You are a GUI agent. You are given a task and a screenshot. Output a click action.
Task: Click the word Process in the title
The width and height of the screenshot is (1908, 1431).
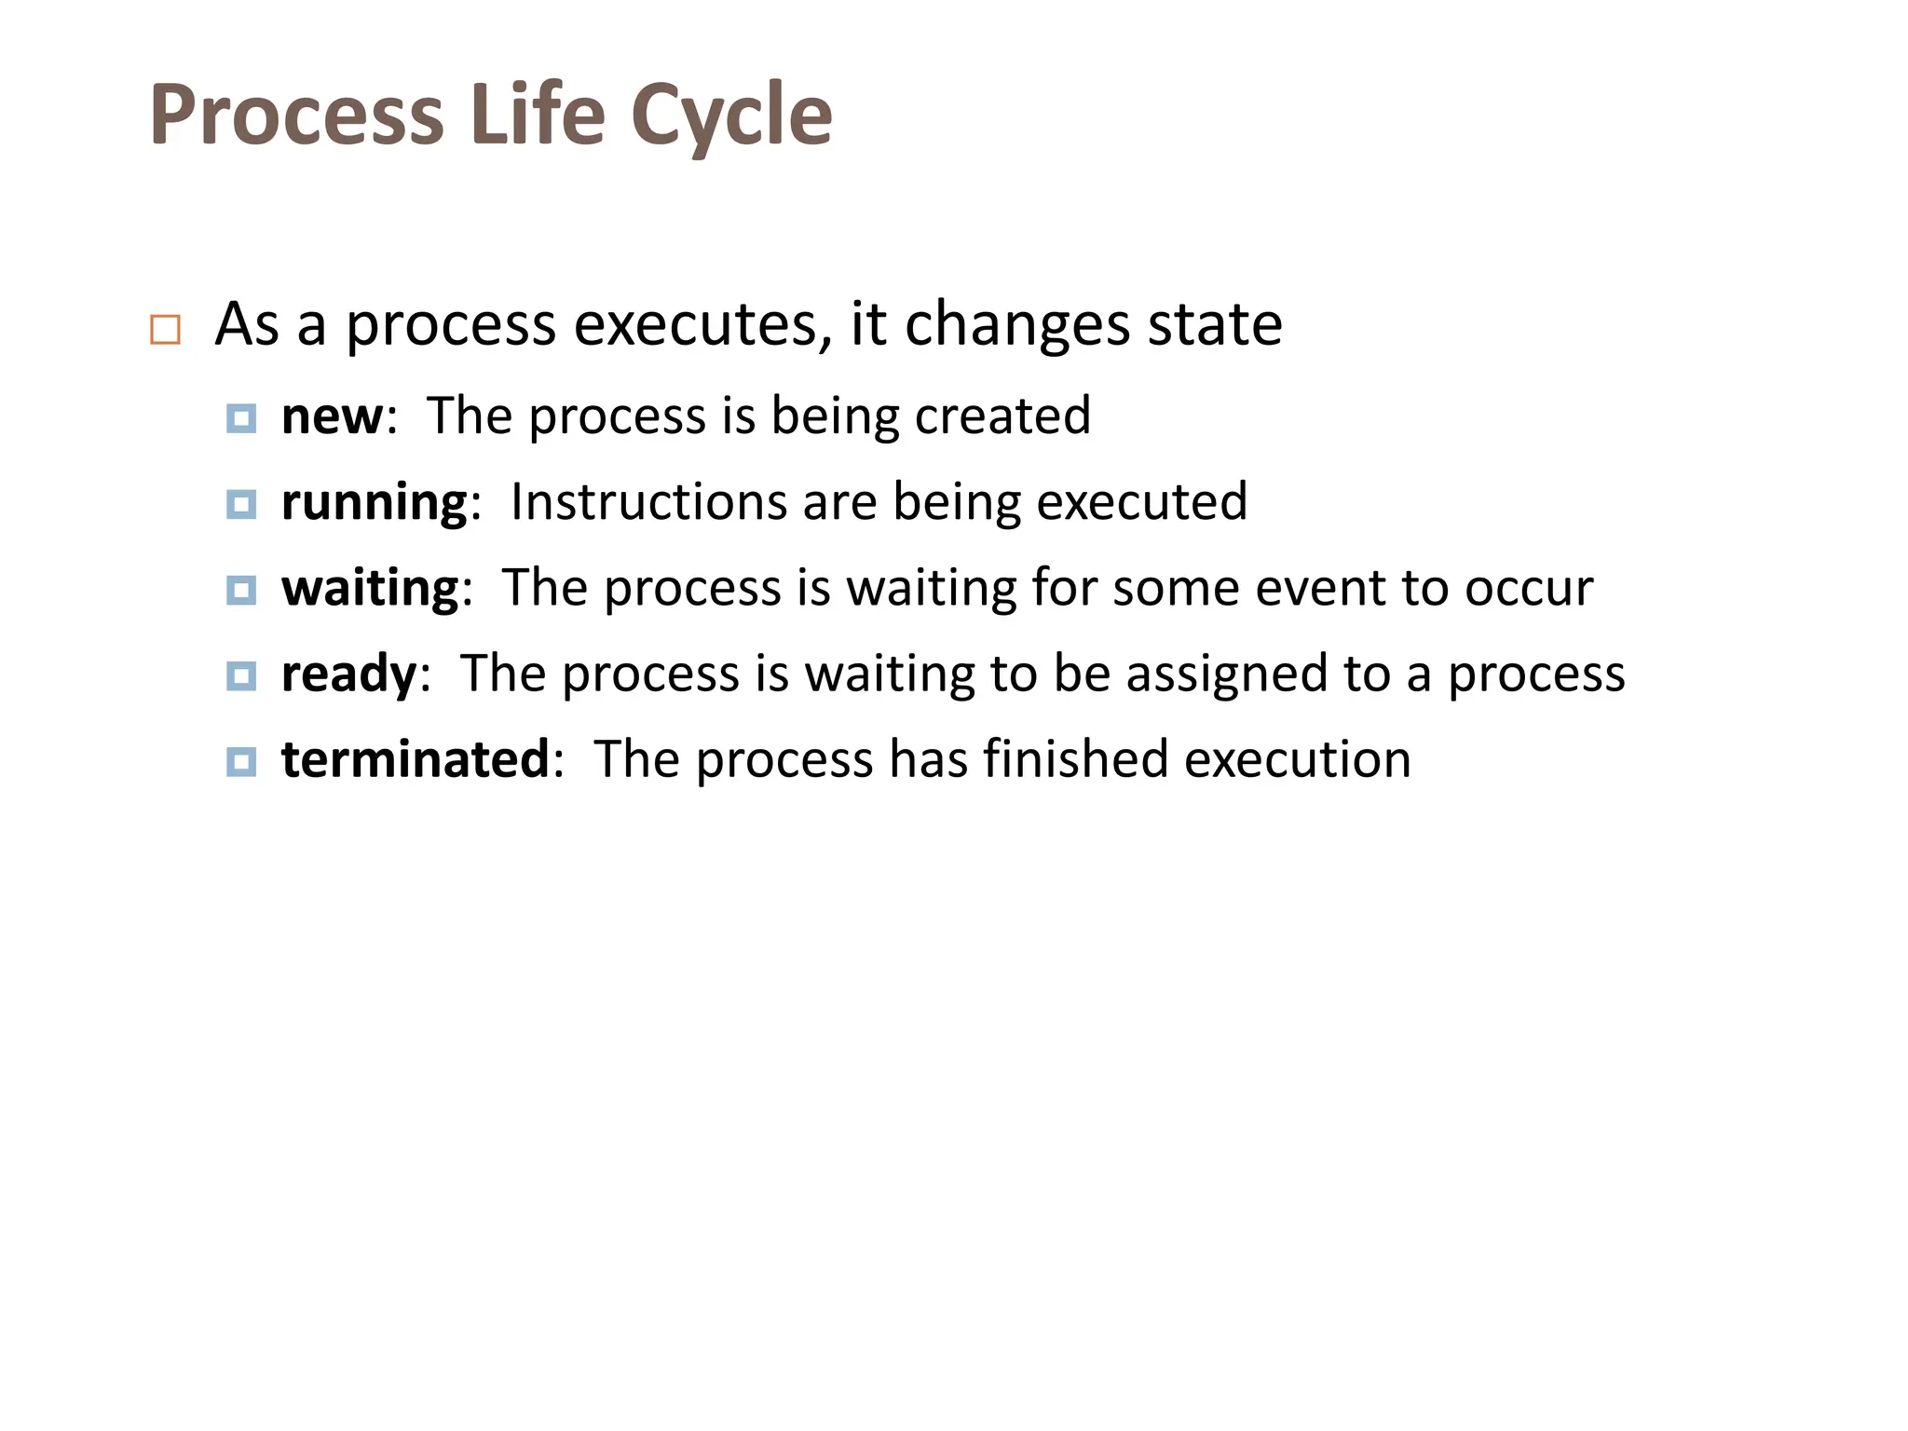pyautogui.click(x=296, y=116)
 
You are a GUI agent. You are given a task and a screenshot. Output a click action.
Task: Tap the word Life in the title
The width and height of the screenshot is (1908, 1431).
pyautogui.click(x=538, y=116)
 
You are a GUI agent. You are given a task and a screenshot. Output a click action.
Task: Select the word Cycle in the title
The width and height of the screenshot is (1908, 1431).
pyautogui.click(x=731, y=116)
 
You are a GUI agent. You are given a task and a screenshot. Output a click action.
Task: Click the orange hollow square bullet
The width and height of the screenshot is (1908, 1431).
pyautogui.click(x=165, y=330)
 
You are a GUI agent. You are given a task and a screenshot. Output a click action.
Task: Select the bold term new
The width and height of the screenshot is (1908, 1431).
pyautogui.click(x=332, y=416)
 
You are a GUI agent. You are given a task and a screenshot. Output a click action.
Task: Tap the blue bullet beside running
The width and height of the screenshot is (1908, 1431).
pyautogui.click(x=241, y=504)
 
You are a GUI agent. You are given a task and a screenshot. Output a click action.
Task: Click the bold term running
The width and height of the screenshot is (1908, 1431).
pyautogui.click(x=374, y=503)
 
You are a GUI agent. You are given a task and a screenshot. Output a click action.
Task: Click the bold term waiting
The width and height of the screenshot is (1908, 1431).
pyautogui.click(x=370, y=589)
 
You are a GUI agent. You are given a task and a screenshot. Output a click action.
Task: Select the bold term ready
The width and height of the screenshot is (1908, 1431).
pyautogui.click(x=348, y=675)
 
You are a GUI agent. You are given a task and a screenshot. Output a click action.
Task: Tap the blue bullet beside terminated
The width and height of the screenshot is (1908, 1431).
pyautogui.click(x=241, y=761)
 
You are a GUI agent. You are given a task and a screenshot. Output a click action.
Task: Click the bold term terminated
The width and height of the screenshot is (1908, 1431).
pyautogui.click(x=416, y=759)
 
